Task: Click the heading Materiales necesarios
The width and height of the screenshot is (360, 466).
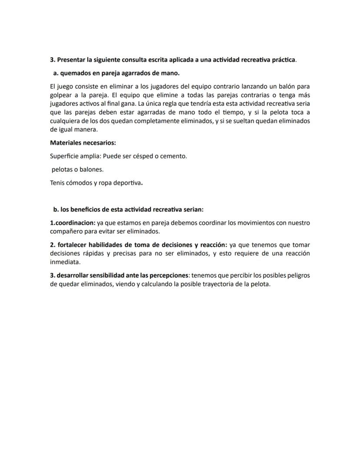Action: click(x=83, y=142)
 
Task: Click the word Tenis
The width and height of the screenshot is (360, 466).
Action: click(x=58, y=183)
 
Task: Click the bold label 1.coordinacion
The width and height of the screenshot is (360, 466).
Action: click(x=73, y=223)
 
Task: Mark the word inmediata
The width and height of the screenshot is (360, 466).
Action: click(x=65, y=262)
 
